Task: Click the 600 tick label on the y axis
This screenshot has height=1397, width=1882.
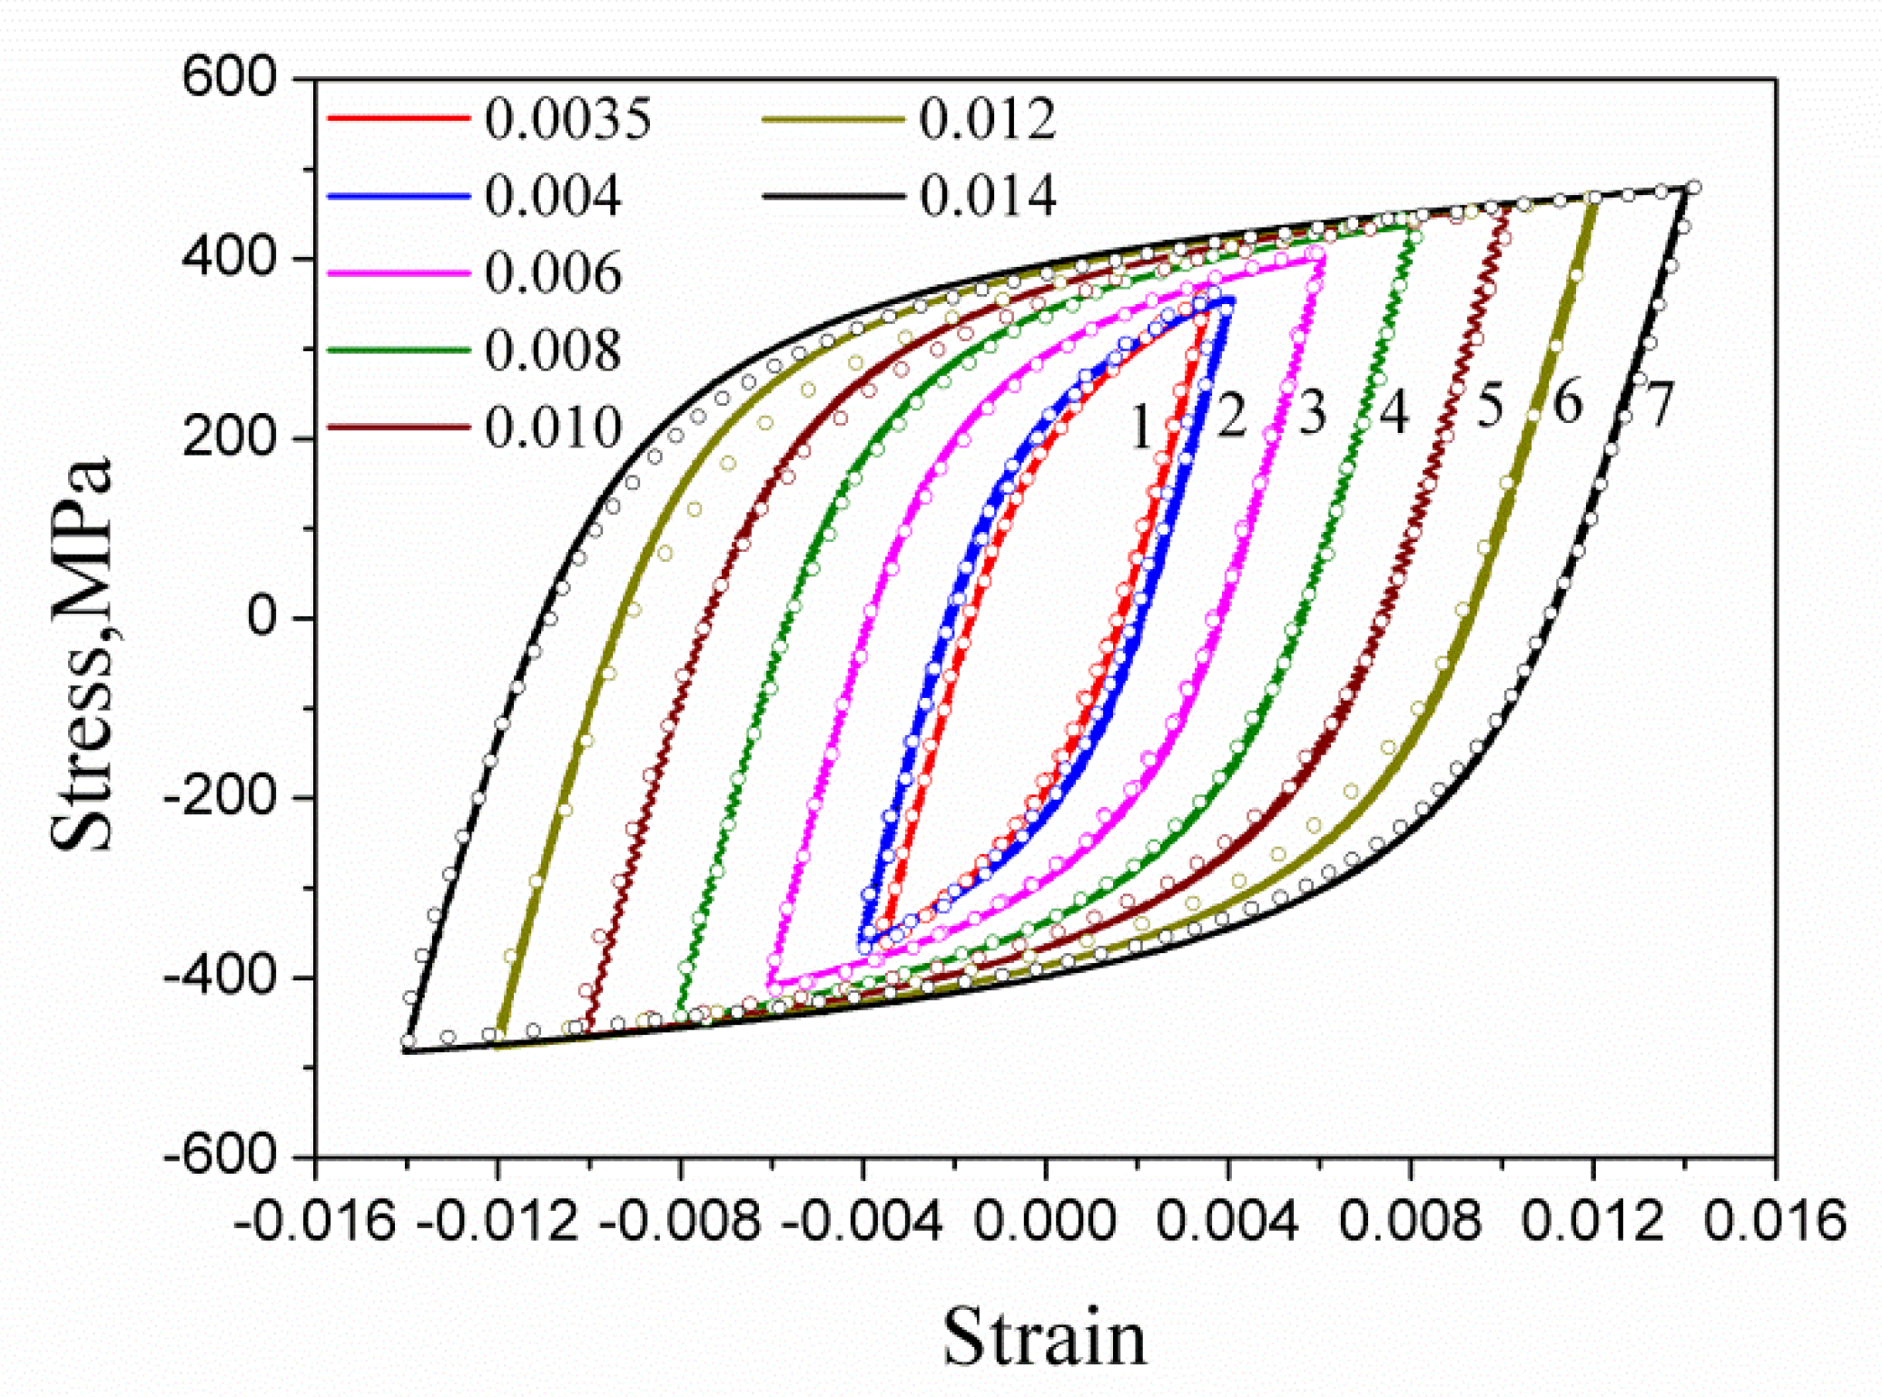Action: [229, 78]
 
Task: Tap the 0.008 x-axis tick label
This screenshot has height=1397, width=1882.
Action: [1410, 1221]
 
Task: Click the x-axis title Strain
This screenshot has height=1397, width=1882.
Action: [1045, 1337]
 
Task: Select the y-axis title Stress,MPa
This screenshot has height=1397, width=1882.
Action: [82, 654]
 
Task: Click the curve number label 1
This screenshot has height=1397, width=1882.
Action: [1141, 426]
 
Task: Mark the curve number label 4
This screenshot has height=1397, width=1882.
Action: [1394, 411]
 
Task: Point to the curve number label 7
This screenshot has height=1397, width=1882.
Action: [1658, 404]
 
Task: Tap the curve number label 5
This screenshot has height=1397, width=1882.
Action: [1490, 405]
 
